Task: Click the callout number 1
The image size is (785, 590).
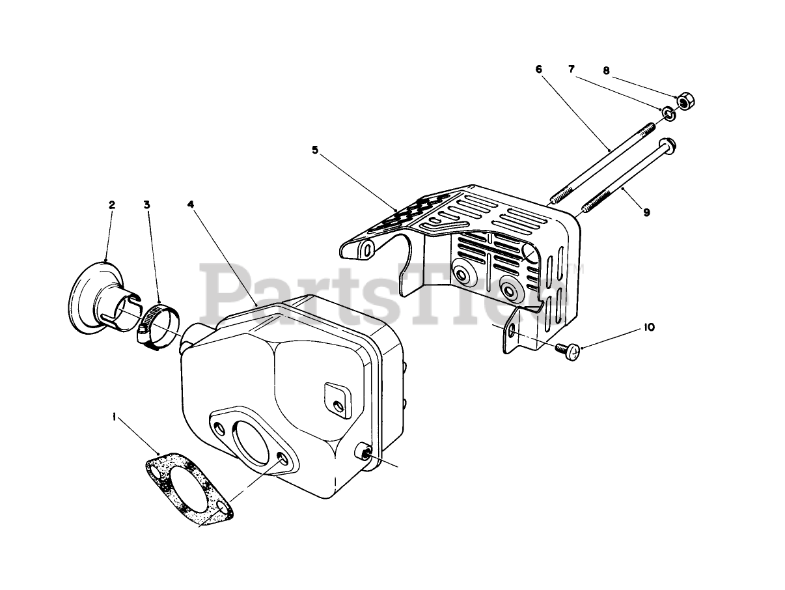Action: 114,418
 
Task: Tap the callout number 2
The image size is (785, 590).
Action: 111,204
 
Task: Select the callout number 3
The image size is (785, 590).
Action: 147,204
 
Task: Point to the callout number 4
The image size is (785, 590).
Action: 190,204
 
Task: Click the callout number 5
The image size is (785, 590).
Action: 315,150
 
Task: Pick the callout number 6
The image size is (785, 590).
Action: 538,70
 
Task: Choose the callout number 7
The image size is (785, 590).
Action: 572,70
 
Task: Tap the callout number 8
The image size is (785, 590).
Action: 606,71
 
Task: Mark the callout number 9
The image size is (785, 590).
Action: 646,212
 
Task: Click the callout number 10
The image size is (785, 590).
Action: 648,328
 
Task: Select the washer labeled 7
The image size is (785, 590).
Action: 668,115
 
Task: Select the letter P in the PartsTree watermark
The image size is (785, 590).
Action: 225,290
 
